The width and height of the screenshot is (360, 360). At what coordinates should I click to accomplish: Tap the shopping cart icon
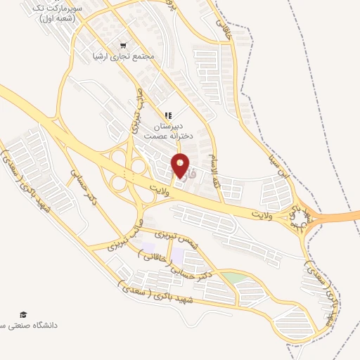124,44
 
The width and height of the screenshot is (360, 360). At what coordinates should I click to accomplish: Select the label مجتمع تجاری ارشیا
127,55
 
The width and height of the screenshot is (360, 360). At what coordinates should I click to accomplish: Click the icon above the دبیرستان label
168,115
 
